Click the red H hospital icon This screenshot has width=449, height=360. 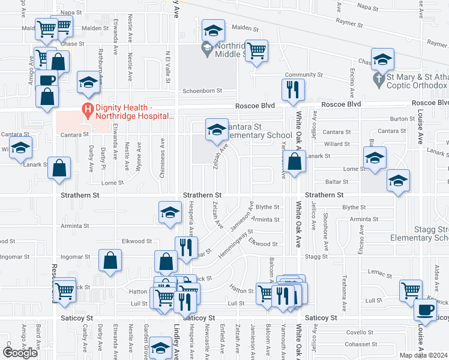88,110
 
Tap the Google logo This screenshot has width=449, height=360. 20,353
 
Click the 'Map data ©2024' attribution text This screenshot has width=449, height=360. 423,355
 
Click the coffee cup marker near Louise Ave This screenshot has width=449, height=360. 426,310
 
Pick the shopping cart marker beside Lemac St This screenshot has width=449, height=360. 411,290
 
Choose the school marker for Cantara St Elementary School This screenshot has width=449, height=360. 217,129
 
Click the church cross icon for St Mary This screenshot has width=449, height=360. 378,79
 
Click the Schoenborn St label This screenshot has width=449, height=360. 202,91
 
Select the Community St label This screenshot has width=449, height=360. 304,76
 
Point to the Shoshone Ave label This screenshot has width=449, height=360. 325,224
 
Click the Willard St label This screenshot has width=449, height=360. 337,144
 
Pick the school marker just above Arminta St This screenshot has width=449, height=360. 170,212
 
